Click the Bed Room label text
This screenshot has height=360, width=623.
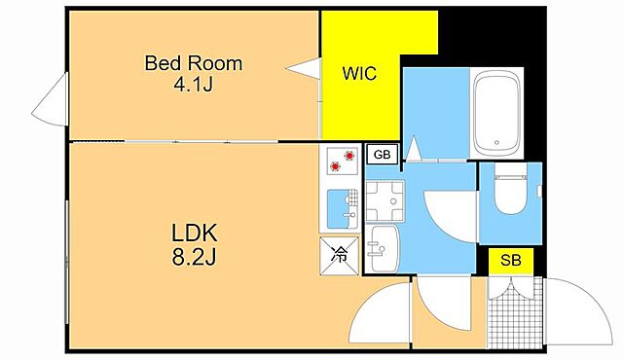click(194, 63)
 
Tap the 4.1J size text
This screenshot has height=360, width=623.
click(194, 84)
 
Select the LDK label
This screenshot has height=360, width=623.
click(195, 233)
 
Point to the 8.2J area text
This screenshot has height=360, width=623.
click(194, 257)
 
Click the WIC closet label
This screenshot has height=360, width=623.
click(359, 73)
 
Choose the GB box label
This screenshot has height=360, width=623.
click(382, 155)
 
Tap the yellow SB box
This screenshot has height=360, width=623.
click(510, 261)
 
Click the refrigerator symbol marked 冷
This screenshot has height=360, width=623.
click(340, 256)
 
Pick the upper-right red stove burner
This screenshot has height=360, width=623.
click(349, 156)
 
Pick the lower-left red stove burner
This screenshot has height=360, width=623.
click(335, 166)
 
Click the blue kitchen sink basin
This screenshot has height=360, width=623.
click(338, 209)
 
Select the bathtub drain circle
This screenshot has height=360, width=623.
click(496, 142)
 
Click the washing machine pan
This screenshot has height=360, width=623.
click(385, 200)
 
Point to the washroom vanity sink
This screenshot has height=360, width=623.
click(382, 249)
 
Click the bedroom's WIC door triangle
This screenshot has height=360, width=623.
click(304, 69)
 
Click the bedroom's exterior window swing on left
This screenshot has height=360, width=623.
click(50, 100)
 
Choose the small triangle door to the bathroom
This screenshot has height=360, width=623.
click(414, 149)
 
